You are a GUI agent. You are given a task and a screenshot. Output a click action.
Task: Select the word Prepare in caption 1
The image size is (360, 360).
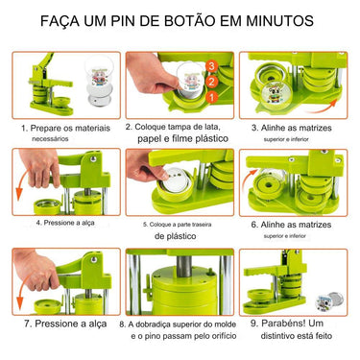click(45, 126)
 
